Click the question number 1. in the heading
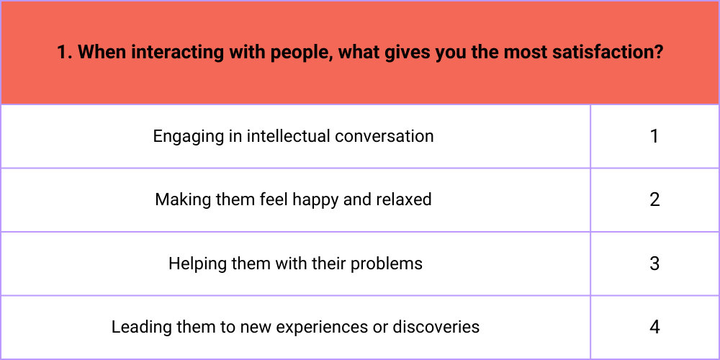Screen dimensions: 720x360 pyautogui.click(x=64, y=53)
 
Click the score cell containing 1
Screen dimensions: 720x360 pyautogui.click(x=654, y=136)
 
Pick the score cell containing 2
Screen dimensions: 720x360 pyautogui.click(x=654, y=199)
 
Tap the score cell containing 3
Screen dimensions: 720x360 pyautogui.click(x=654, y=264)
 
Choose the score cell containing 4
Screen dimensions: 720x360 pyautogui.click(x=654, y=328)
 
